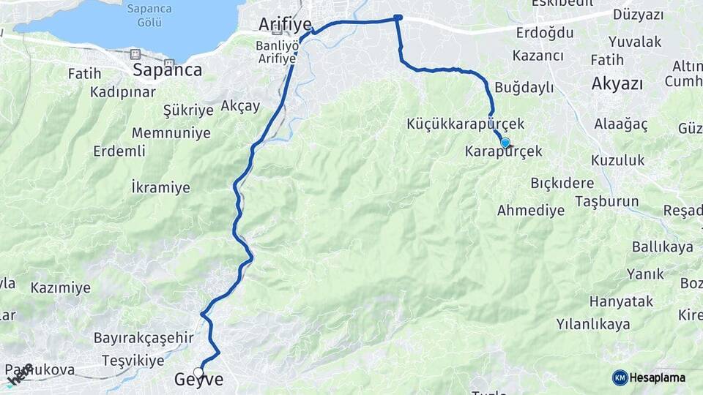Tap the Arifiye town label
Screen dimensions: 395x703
pos(285,24)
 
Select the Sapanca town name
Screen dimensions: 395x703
pos(167,69)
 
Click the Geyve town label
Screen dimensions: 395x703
pos(198,380)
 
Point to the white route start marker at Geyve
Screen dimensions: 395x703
pos(198,372)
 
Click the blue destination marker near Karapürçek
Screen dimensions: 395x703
pos(505,143)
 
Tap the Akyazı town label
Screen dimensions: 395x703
pos(617,83)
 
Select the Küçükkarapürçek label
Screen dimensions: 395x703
pos(466,124)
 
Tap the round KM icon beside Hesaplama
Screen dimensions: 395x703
pos(620,377)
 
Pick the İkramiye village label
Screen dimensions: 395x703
pos(160,187)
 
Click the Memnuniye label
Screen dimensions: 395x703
pos(171,133)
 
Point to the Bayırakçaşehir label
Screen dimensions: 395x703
pos(144,338)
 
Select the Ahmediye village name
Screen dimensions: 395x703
pos(531,211)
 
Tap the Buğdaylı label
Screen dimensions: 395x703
pos(524,88)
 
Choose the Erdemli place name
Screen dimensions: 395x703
pos(119,151)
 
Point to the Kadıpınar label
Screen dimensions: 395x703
pos(123,92)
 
